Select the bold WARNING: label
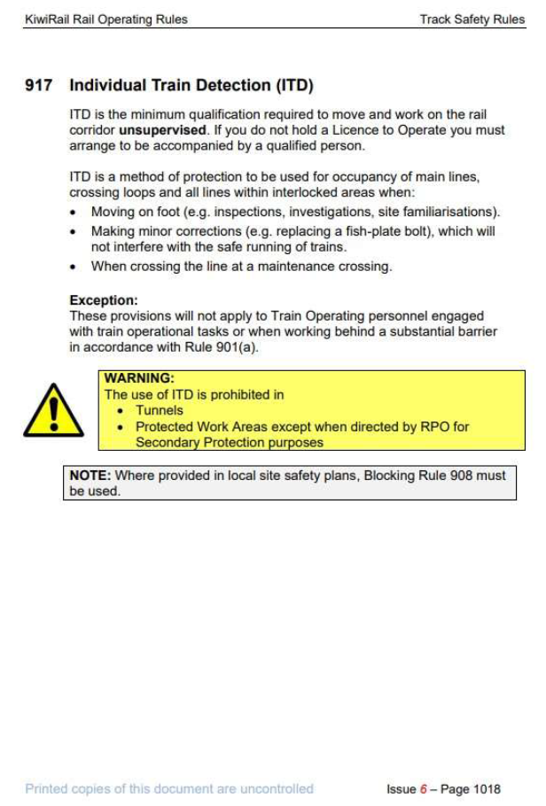139,378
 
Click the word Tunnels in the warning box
160,411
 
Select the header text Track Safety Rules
472,19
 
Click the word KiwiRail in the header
46,19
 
